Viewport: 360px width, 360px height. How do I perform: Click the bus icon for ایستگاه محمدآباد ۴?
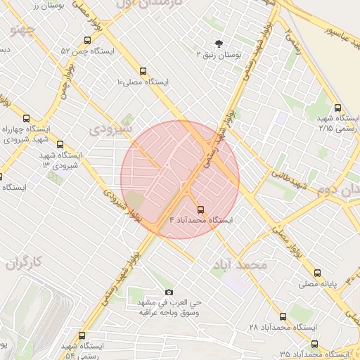[201, 210]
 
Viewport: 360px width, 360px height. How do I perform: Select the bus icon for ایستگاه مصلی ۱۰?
[143, 72]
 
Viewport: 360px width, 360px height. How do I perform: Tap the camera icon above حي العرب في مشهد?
[169, 292]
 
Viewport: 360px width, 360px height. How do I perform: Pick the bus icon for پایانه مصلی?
[318, 274]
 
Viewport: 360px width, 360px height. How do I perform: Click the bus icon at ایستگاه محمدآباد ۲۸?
[283, 317]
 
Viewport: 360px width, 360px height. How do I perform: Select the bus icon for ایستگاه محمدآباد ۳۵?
[314, 344]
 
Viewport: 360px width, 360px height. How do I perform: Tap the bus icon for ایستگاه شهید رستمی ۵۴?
[82, 335]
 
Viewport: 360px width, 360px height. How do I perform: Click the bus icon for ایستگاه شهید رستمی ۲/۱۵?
[338, 108]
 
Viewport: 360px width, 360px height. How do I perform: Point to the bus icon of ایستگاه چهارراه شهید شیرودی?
[27, 118]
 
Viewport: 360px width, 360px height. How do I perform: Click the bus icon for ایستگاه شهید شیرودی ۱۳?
[60, 144]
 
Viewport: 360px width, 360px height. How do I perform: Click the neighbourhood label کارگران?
[25, 263]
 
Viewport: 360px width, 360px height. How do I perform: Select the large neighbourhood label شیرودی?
[112, 129]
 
